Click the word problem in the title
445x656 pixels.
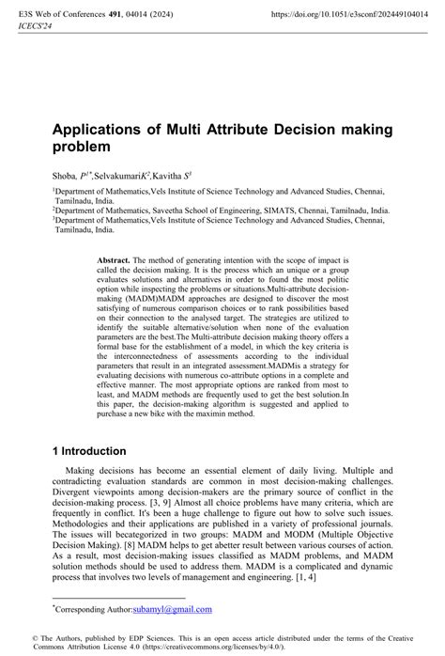[x=82, y=148]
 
